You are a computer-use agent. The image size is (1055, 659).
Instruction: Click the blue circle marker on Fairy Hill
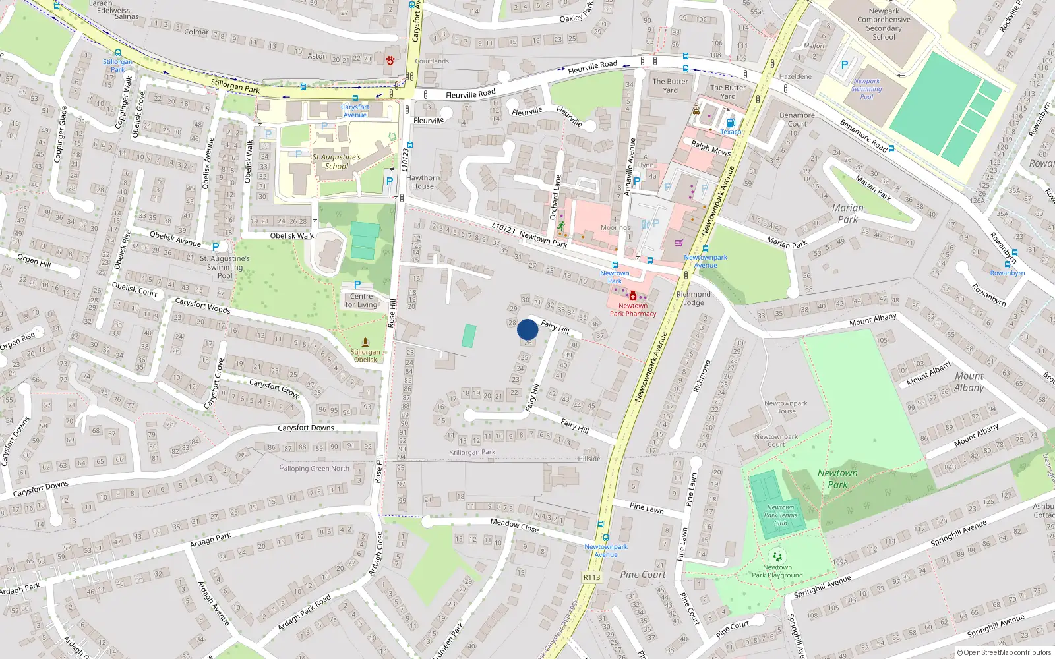527,329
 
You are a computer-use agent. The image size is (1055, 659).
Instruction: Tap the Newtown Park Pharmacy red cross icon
633,296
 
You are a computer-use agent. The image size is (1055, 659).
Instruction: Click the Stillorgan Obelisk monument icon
365,342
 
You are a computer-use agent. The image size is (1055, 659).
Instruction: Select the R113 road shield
591,577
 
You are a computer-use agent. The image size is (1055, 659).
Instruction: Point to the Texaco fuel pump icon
730,123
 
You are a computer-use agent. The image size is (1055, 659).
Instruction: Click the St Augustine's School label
336,161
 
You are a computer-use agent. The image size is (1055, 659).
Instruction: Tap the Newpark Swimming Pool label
866,89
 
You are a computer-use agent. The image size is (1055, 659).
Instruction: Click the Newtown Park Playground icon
777,556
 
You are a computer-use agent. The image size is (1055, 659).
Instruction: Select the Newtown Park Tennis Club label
781,515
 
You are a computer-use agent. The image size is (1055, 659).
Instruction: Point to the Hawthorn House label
423,182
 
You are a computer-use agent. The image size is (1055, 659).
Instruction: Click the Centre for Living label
361,301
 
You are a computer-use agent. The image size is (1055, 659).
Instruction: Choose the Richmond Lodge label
694,299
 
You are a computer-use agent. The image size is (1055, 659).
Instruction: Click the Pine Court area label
643,575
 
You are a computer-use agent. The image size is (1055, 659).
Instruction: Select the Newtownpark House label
785,407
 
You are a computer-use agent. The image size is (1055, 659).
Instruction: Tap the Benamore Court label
797,119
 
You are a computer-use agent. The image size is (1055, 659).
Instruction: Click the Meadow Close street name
514,525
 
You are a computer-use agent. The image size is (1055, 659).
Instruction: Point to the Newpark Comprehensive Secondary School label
884,24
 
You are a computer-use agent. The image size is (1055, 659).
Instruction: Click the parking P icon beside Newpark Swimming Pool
845,65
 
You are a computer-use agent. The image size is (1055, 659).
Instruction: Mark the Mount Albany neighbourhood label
969,382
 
